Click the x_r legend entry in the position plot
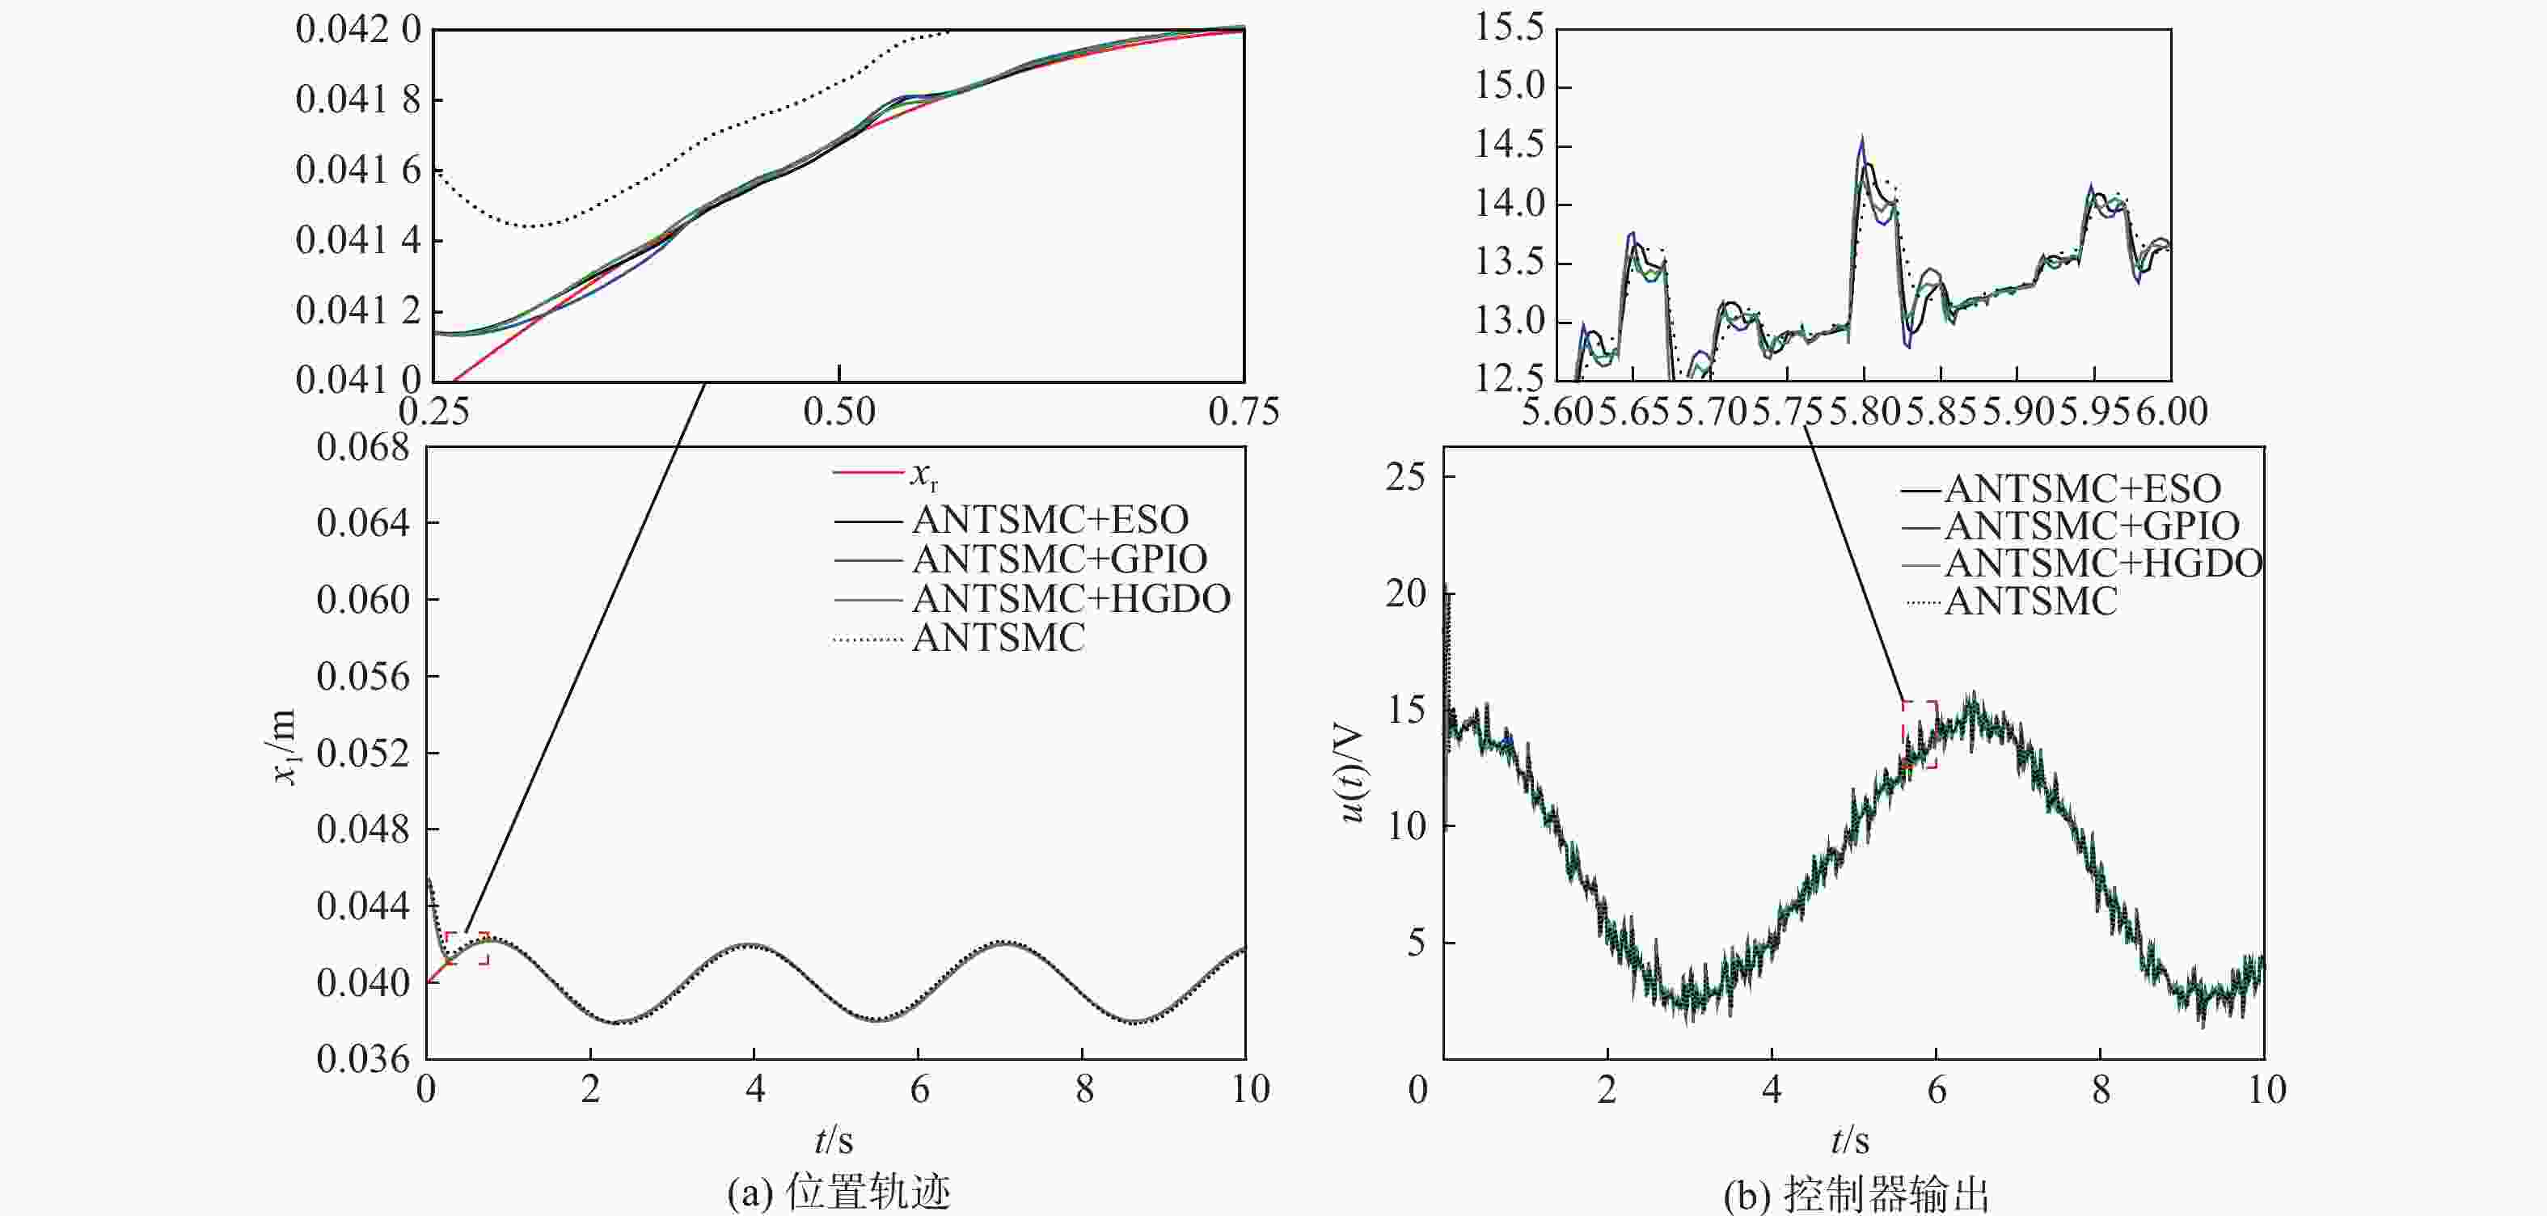[x=923, y=475]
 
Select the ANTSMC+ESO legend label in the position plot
[x=1050, y=519]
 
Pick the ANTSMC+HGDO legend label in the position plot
[x=1071, y=598]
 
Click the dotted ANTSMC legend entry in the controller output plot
[x=2030, y=601]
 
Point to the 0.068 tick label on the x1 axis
[x=363, y=448]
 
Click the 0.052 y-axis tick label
[x=363, y=754]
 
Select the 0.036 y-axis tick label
[x=363, y=1059]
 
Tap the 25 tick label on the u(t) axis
[x=1406, y=478]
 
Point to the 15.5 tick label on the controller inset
[x=1509, y=27]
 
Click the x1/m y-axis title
[x=285, y=746]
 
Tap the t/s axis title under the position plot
[x=834, y=1141]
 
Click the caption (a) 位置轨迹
[x=838, y=1193]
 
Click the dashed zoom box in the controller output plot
[x=1920, y=735]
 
